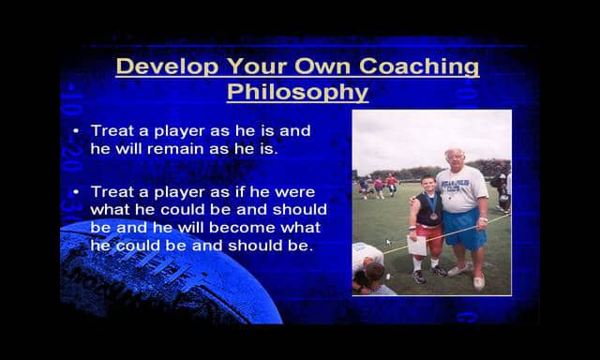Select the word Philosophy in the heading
click(x=297, y=92)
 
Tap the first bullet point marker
click(x=76, y=131)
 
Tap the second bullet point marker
click(x=76, y=191)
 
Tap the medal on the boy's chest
click(x=433, y=216)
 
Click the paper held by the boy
click(x=417, y=243)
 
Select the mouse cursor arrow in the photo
click(x=388, y=242)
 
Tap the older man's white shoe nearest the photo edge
click(x=479, y=282)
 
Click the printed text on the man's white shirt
click(x=465, y=184)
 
